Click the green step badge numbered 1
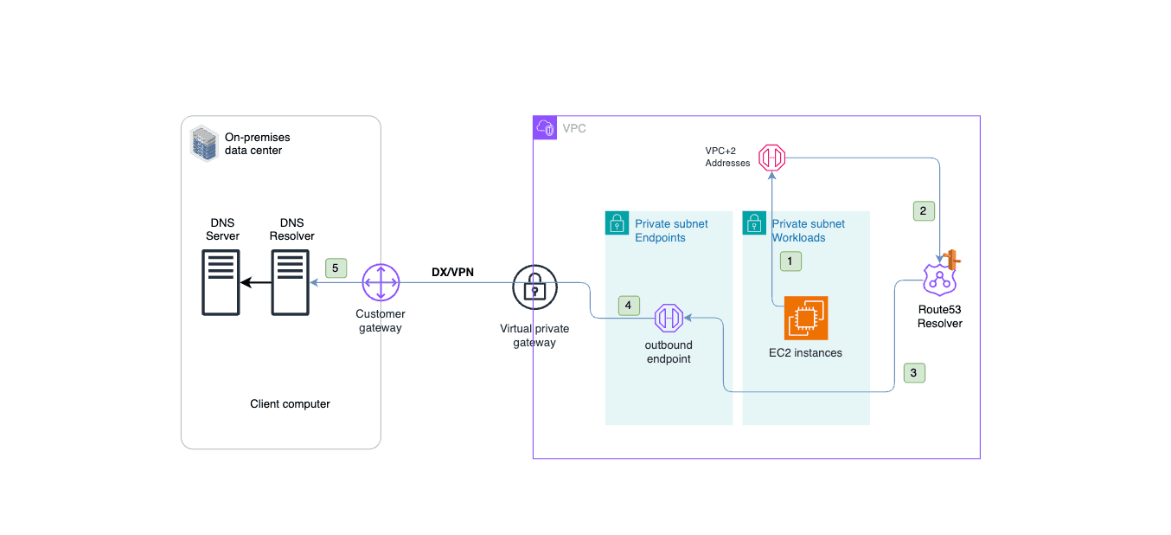click(x=789, y=260)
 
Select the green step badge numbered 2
click(x=923, y=210)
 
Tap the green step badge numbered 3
click(x=914, y=373)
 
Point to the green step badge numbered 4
click(x=630, y=305)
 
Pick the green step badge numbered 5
click(x=336, y=268)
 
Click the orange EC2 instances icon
click(x=806, y=319)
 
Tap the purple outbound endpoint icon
click(x=669, y=319)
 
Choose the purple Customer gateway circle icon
click(x=380, y=282)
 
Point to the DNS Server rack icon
click(x=221, y=282)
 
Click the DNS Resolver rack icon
click(x=291, y=282)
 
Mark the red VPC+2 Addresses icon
click(x=771, y=158)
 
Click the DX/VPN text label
click(x=452, y=272)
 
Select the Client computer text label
click(x=290, y=404)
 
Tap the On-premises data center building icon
click(x=203, y=144)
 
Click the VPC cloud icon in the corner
click(x=545, y=127)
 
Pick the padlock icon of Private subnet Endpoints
click(x=617, y=222)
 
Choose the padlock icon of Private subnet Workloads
click(x=754, y=222)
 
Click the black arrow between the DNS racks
click(x=255, y=282)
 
